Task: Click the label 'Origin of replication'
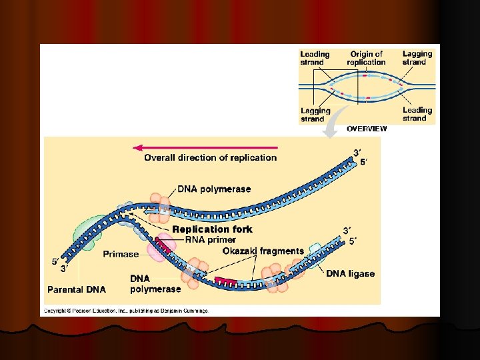click(x=366, y=58)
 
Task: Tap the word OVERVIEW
click(x=366, y=129)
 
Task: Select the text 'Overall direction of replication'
click(x=210, y=158)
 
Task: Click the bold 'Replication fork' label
click(x=212, y=229)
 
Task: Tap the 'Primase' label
click(x=121, y=254)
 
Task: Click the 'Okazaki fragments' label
click(x=263, y=251)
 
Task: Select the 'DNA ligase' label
click(x=350, y=273)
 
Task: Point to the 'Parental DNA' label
click(x=76, y=289)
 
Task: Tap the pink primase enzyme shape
click(x=160, y=251)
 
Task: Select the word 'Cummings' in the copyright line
click(x=193, y=311)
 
